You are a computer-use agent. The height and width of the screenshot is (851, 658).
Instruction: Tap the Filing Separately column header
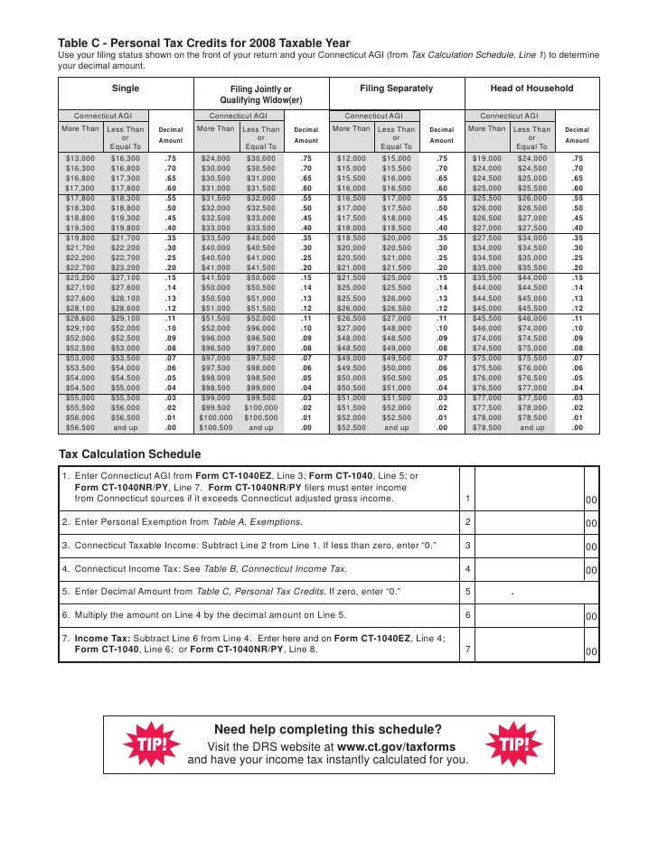point(396,89)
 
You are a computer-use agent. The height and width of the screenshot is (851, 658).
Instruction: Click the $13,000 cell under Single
point(80,158)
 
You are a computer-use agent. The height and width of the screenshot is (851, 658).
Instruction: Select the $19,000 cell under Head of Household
point(486,158)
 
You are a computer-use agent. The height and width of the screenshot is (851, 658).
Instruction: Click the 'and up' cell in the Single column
point(126,427)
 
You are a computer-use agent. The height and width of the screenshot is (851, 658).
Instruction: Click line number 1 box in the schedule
point(466,498)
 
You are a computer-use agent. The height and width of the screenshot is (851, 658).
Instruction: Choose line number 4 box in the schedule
point(466,569)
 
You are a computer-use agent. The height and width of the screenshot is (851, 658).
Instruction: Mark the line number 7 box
point(466,649)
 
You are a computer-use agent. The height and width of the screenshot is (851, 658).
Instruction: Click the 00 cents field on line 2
point(590,523)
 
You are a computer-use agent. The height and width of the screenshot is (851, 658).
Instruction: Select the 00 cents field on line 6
point(590,616)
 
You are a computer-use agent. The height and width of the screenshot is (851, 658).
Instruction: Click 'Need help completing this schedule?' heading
point(327,730)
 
